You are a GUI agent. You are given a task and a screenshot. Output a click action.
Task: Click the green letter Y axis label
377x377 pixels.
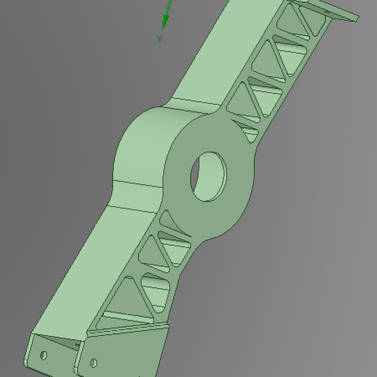point(160,39)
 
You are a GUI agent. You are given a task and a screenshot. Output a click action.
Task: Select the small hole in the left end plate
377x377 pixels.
point(43,355)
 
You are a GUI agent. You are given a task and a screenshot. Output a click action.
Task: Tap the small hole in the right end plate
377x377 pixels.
point(94,362)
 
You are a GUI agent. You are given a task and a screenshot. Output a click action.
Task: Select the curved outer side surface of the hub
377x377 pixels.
point(139,150)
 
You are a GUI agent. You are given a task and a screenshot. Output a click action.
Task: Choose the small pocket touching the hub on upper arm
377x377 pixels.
point(248,134)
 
